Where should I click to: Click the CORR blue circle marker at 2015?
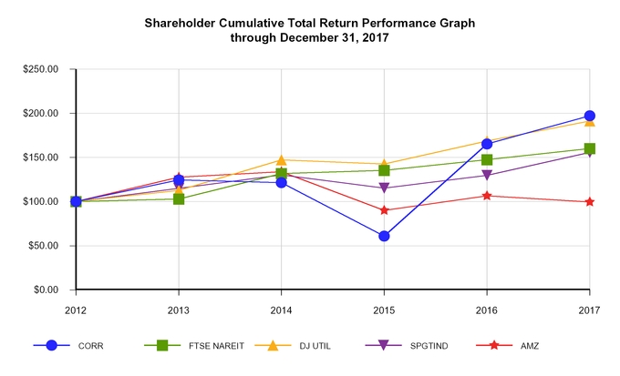384,236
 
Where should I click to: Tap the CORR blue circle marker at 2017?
590,116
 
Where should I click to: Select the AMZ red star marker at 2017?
590,202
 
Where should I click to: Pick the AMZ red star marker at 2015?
384,210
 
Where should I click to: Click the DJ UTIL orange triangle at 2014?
282,160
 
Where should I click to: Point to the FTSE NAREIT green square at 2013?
179,198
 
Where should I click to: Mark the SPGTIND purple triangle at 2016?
487,176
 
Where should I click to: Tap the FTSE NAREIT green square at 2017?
590,148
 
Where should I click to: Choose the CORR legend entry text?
91,346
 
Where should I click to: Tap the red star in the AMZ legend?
495,346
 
